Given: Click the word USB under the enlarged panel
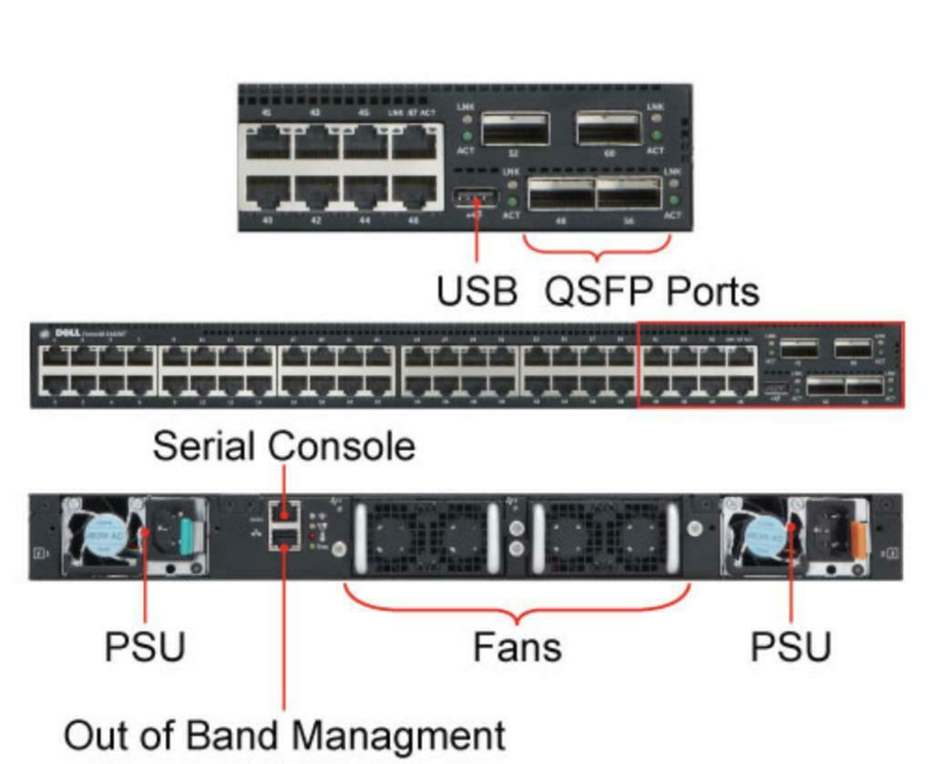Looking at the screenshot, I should (477, 292).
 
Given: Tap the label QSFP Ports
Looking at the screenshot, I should (651, 292).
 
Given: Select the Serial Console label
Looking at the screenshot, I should (283, 447).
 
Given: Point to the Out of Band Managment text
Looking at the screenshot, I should (283, 735).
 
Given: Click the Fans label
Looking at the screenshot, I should (517, 647).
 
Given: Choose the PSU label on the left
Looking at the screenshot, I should (145, 647).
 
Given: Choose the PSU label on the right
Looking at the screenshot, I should (790, 647).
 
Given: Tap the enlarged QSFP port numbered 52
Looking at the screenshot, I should (515, 129).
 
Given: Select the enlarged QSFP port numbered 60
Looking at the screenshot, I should (610, 129).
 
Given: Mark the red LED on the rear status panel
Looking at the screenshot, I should (314, 536).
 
